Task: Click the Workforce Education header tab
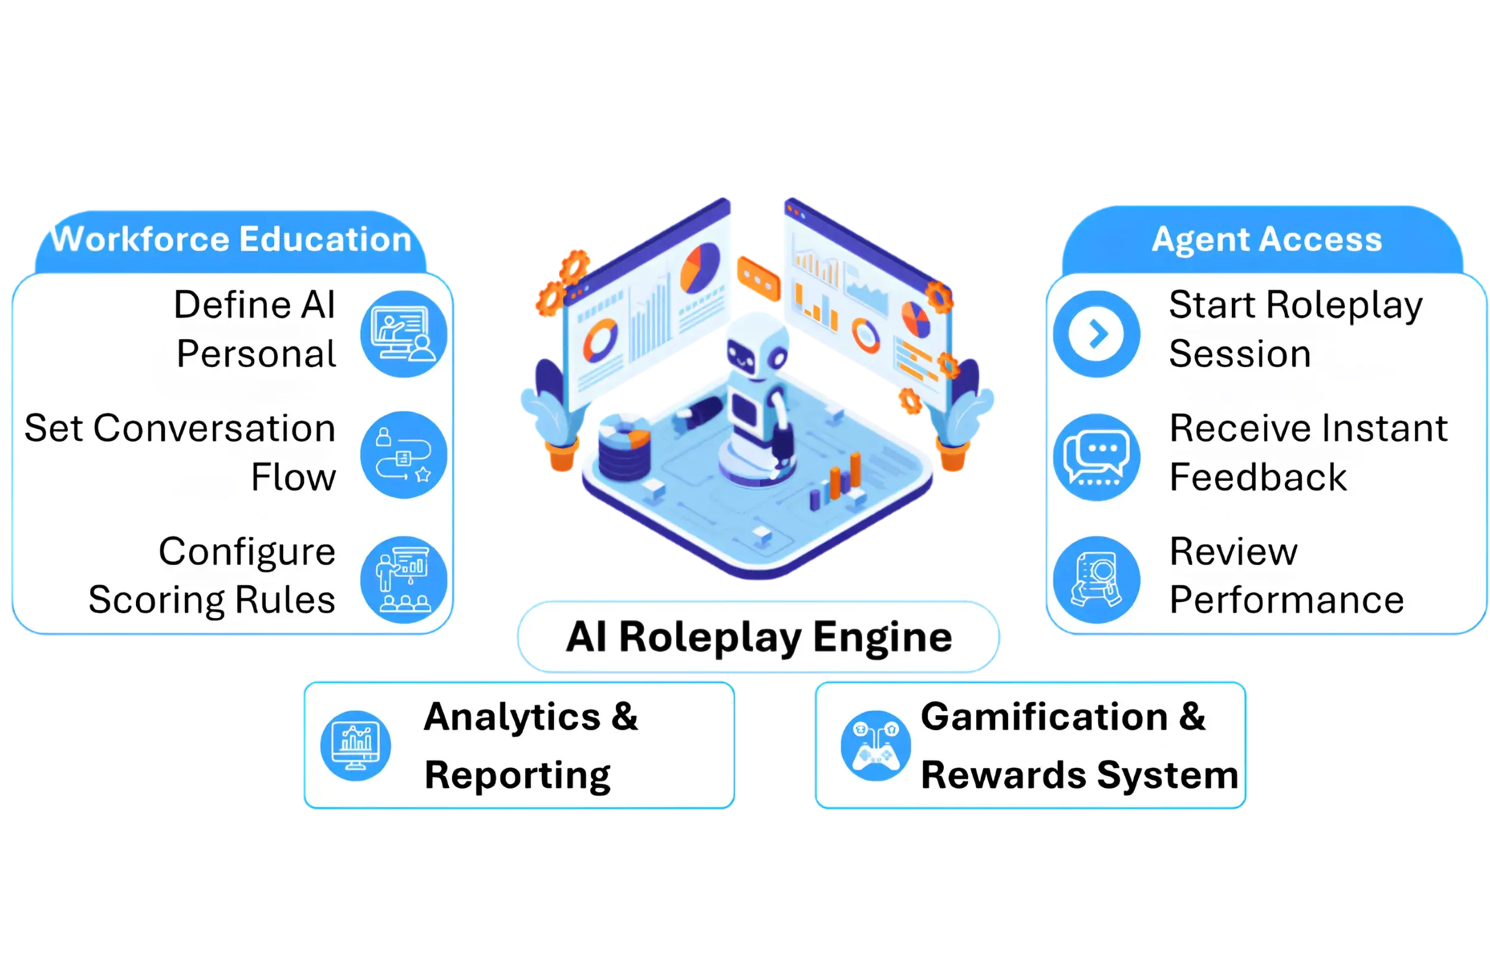coord(230,241)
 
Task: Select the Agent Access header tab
coord(1263,240)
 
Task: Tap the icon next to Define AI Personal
coord(404,334)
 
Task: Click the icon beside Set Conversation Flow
coord(404,455)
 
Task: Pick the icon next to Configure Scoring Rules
coord(404,579)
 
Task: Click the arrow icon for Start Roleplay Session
coord(1096,334)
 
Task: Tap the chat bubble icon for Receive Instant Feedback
coord(1096,457)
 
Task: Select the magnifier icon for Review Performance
coord(1096,579)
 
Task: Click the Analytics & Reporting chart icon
coord(355,746)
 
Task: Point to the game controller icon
coord(875,746)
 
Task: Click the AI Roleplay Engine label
coord(759,637)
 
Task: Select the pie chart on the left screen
coord(699,268)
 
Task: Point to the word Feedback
coord(1258,477)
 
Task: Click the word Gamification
coord(1043,716)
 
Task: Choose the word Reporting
coord(518,776)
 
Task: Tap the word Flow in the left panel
coord(293,477)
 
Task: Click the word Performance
coord(1286,600)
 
